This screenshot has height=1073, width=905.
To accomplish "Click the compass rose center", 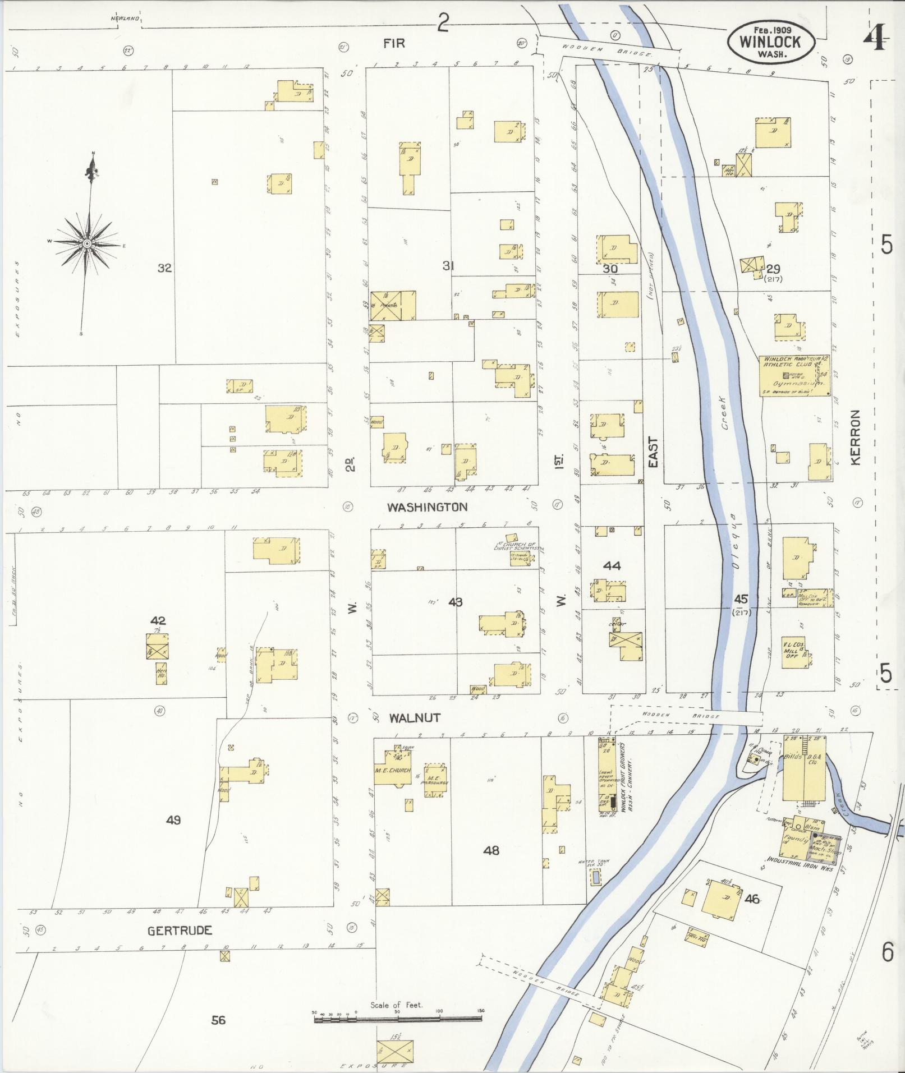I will point(88,243).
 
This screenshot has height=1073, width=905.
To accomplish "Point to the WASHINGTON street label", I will point(428,507).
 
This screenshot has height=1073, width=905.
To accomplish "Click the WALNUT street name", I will point(415,718).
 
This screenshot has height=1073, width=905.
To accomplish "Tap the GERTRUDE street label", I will point(180,931).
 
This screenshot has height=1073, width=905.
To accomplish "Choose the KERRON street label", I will point(855,437).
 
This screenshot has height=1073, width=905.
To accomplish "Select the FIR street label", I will point(394,43).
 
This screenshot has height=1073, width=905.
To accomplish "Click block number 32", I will point(164,268).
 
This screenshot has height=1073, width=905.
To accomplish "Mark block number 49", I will point(173,820).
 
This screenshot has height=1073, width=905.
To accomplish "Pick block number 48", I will point(491,851).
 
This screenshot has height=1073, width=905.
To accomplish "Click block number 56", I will point(218,1020).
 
